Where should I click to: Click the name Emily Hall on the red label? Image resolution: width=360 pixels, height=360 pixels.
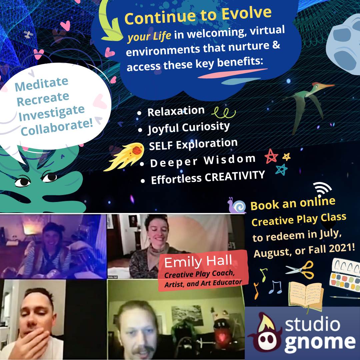pos(198,262)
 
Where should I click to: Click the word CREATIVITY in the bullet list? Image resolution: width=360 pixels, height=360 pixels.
pos(235,176)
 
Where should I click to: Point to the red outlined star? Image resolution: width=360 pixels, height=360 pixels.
pos(271,156)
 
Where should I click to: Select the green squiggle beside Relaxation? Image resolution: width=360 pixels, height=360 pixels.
pos(223,113)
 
